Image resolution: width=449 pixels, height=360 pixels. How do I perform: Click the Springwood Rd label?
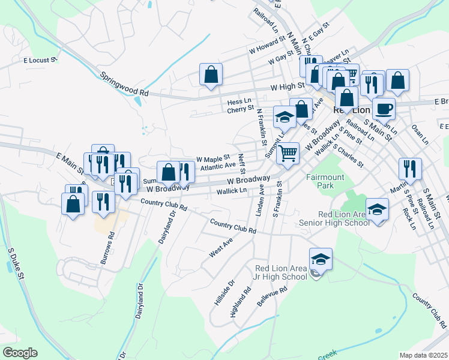tap(124, 85)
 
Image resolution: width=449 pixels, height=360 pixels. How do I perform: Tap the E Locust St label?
tap(40, 60)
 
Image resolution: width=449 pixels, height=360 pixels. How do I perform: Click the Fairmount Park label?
tap(325, 182)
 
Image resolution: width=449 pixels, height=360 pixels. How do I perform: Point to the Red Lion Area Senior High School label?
tap(336, 219)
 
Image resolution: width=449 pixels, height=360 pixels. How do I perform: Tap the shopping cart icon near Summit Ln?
tap(288, 152)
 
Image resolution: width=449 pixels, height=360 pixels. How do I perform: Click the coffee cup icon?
tap(384, 109)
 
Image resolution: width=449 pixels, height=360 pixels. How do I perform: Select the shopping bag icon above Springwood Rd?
tap(211, 74)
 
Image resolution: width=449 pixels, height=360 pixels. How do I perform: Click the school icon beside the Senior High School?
tap(376, 209)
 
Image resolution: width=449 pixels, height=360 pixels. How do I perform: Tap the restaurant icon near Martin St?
tap(410, 168)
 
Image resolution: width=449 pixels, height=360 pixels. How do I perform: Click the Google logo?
tap(20, 353)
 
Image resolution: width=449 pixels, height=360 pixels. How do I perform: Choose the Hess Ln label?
tap(239, 102)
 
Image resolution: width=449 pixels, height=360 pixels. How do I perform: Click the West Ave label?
tap(220, 247)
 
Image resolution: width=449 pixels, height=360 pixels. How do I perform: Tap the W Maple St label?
tap(214, 160)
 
